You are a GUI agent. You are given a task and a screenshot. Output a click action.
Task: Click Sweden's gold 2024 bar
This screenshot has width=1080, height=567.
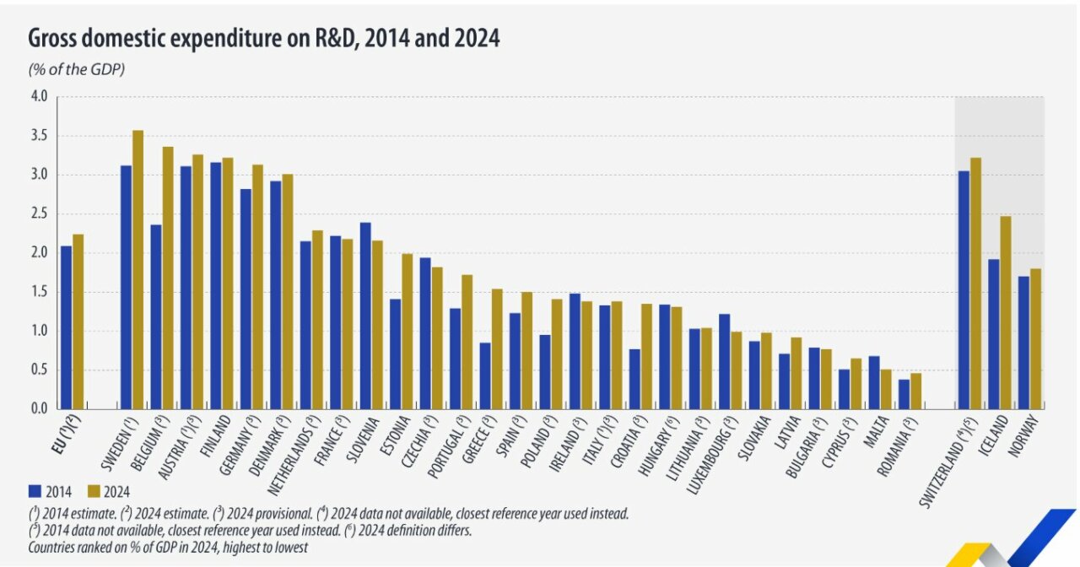point(138,270)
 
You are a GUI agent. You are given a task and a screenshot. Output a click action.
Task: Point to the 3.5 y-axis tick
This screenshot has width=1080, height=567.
point(39,136)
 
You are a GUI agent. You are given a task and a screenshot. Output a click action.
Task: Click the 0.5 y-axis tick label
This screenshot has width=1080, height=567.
point(39,370)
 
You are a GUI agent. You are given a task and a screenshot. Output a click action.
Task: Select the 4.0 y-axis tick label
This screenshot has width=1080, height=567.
point(39,97)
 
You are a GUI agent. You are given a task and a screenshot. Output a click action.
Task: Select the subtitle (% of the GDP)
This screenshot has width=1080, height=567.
point(77,69)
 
